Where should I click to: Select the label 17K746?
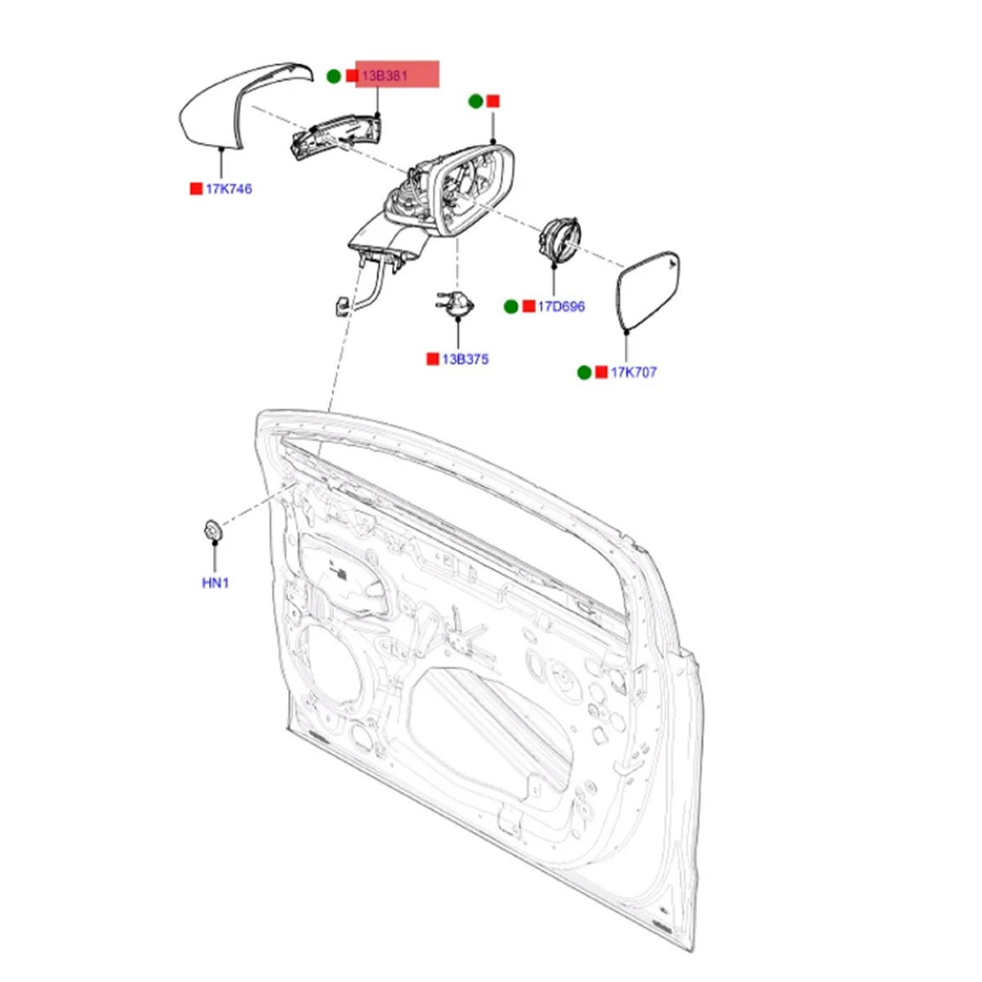pos(228,189)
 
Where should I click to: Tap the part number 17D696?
pos(561,307)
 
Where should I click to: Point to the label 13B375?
pos(466,359)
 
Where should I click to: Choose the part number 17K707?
pos(633,372)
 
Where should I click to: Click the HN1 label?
pos(215,583)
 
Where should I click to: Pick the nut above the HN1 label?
pos(214,530)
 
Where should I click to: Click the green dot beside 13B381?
pos(334,76)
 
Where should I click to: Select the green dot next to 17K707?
pos(583,372)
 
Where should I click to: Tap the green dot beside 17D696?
pos(511,307)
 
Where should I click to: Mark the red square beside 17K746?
pos(196,189)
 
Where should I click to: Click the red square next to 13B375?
pos(432,359)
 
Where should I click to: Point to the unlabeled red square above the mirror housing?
pos(493,101)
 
